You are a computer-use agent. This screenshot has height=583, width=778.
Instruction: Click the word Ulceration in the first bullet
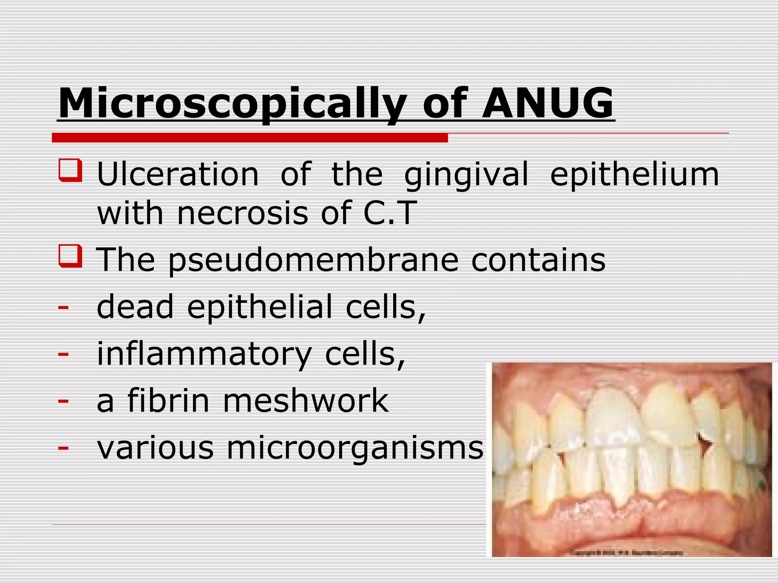point(178,175)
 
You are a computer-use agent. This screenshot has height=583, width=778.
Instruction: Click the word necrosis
point(242,213)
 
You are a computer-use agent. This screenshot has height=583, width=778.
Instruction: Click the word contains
point(538,260)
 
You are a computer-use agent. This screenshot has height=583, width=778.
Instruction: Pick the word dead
point(135,307)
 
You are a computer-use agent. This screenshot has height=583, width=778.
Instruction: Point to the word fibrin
point(168,400)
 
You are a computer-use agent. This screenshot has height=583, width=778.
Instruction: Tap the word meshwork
point(306,400)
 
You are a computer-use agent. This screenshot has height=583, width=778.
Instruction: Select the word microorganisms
point(355,448)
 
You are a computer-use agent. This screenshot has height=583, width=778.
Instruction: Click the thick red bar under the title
point(250,138)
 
